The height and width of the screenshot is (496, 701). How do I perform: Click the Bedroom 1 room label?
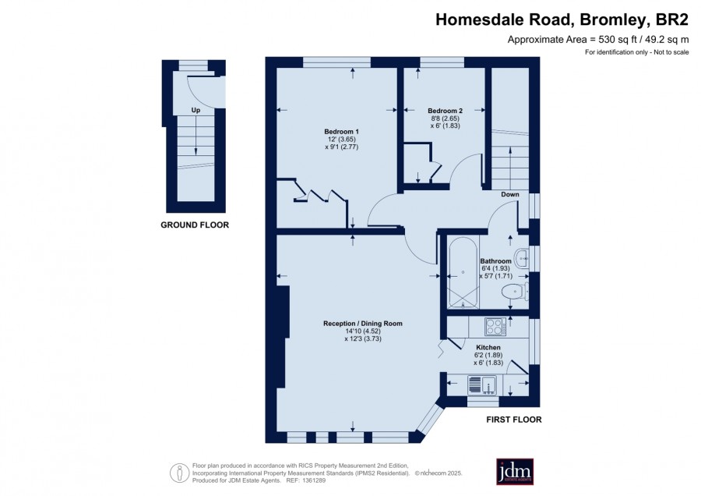342,132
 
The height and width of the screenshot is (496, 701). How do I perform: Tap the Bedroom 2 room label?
445,111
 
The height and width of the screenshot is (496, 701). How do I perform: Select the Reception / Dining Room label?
362,323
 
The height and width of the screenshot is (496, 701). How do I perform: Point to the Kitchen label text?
488,347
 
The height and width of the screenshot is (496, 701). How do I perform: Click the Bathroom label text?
495,261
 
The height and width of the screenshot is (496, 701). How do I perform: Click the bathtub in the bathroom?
463,273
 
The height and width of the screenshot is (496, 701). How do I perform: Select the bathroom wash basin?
522,258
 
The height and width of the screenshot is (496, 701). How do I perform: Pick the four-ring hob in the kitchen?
495,326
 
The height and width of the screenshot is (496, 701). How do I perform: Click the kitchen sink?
483,385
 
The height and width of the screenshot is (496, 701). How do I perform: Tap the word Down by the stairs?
509,194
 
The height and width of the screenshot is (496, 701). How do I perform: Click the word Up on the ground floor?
196,110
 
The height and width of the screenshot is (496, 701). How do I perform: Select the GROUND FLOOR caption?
195,225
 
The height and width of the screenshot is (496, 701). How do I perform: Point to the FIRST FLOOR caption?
514,420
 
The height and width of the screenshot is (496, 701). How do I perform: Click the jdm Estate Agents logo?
515,471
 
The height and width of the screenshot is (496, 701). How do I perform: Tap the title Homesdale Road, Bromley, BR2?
562,20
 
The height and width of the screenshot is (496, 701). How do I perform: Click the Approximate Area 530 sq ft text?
598,40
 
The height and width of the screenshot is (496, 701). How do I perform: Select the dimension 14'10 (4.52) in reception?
362,331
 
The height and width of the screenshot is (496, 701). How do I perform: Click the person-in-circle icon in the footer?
179,473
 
